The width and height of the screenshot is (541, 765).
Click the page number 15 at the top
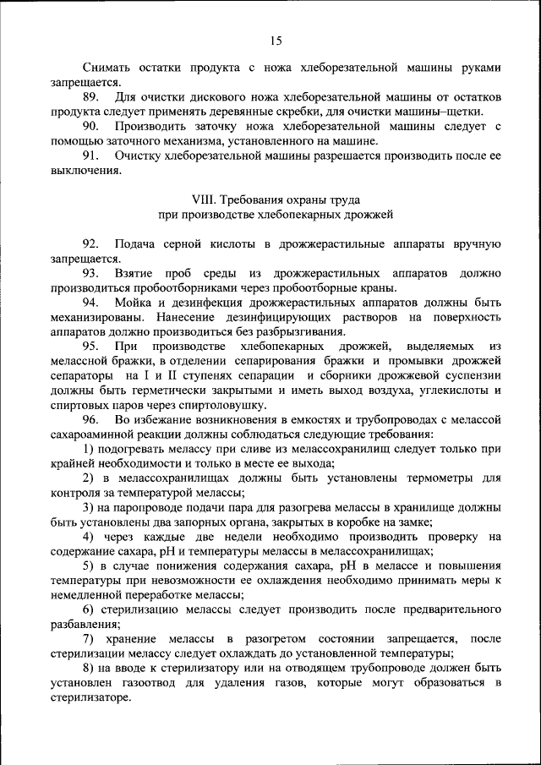[276, 40]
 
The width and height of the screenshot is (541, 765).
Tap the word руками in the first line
[478, 68]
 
